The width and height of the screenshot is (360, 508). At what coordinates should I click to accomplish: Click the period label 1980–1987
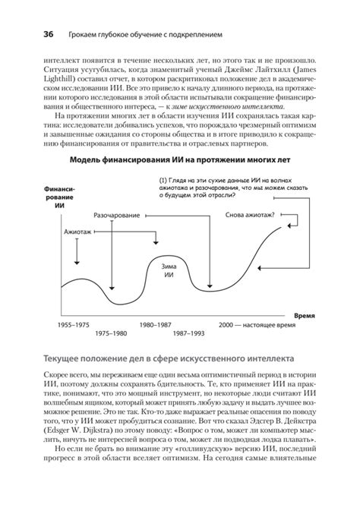pyautogui.click(x=156, y=324)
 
